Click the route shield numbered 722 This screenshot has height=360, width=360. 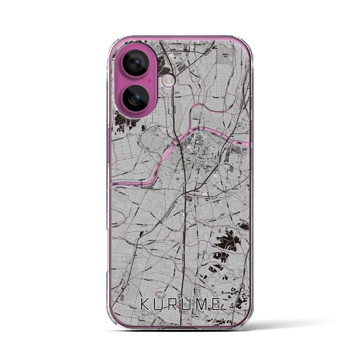click(x=184, y=253)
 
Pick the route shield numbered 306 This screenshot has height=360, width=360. click(x=163, y=97)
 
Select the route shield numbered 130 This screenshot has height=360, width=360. click(x=146, y=225)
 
